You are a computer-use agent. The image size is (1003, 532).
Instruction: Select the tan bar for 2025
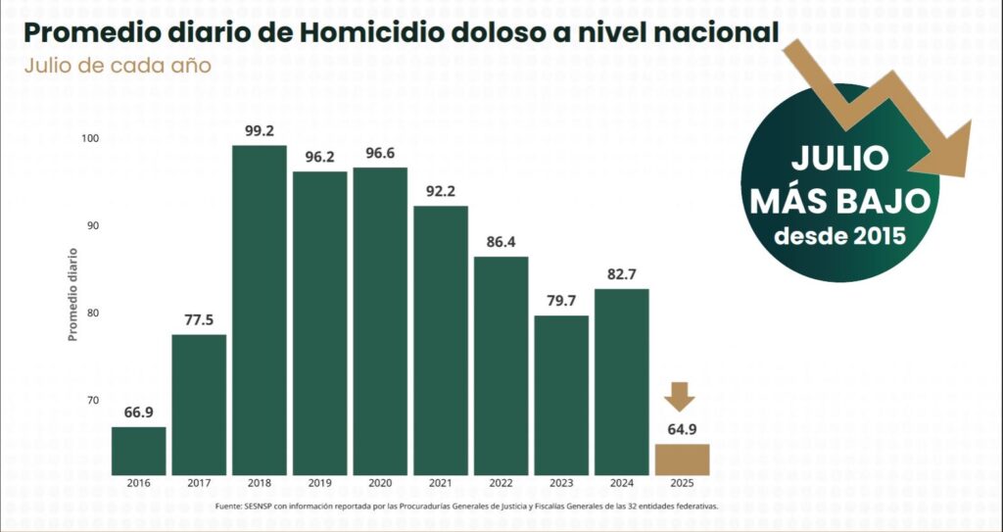(682, 459)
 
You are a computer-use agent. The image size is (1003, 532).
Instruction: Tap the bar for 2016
(138, 450)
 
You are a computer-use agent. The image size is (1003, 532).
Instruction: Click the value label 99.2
(260, 129)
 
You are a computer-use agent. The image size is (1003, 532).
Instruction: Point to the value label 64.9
(682, 428)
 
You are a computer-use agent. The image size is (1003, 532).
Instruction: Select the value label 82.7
(621, 272)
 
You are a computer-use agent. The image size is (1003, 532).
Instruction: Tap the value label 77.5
(199, 318)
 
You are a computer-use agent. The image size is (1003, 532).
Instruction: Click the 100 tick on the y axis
(90, 139)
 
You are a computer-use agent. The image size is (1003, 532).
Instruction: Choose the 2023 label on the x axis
(560, 483)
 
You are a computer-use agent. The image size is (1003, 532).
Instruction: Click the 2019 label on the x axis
(319, 483)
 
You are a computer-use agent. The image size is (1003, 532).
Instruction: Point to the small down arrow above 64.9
(679, 397)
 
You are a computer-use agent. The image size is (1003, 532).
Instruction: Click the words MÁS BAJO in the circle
(838, 201)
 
